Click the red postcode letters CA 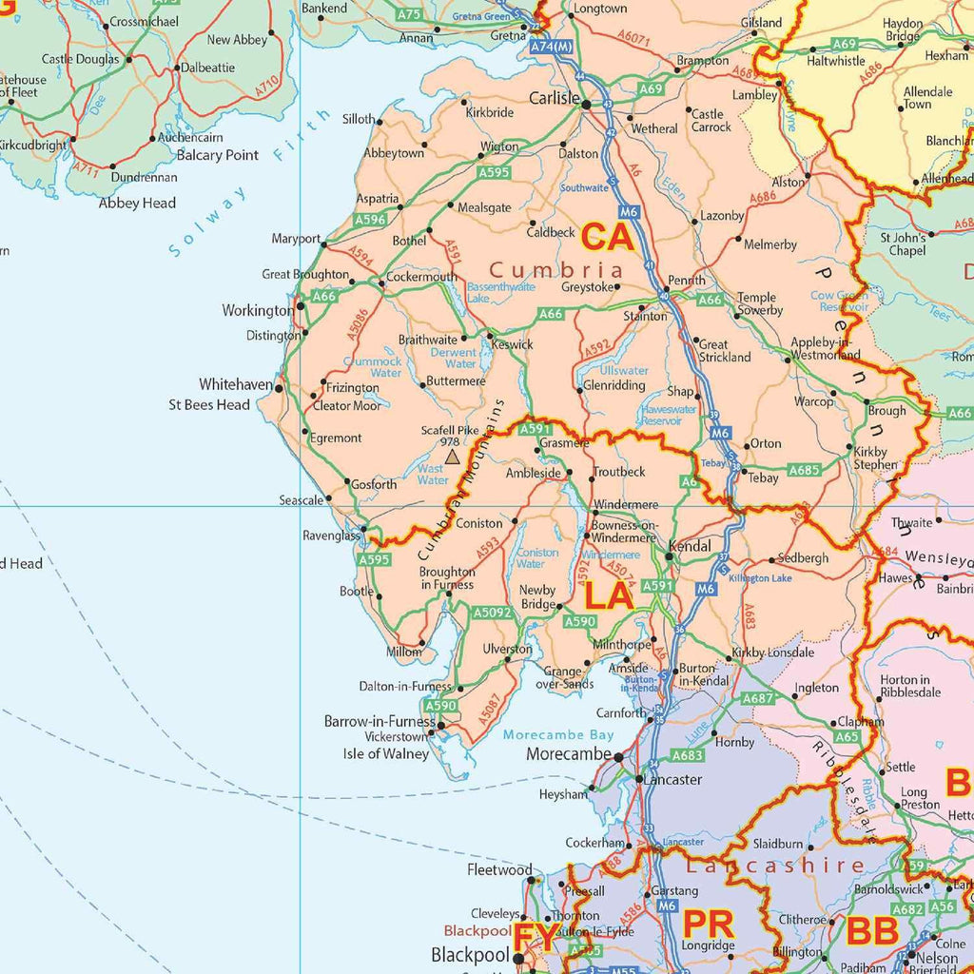(x=608, y=236)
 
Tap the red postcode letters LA (x=608, y=596)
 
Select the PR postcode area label (x=709, y=923)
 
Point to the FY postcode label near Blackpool (x=536, y=938)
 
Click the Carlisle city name (x=555, y=99)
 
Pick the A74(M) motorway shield (x=552, y=46)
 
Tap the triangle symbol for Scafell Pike (x=452, y=458)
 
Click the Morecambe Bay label (x=558, y=735)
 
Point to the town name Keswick (x=512, y=344)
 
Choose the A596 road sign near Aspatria (x=370, y=220)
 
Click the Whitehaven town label (x=236, y=385)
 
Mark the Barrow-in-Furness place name (x=374, y=722)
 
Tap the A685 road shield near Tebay (x=804, y=470)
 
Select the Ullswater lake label (x=624, y=371)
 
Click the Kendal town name (x=691, y=547)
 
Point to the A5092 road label (x=494, y=614)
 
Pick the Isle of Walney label (x=385, y=754)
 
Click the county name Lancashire (x=775, y=866)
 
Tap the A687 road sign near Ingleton (x=758, y=698)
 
